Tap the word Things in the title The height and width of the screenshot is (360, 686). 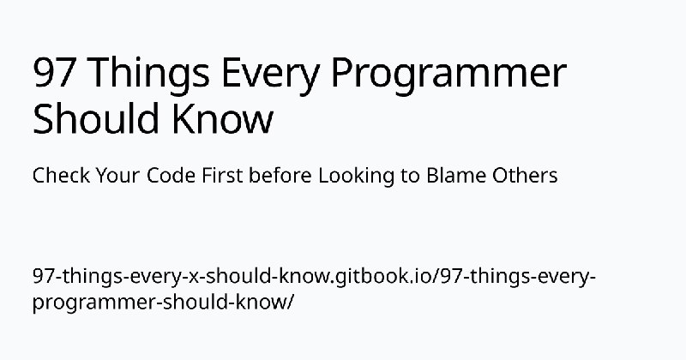coord(149,75)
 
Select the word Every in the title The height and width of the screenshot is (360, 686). coord(269,75)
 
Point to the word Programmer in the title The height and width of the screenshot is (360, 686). coord(448,75)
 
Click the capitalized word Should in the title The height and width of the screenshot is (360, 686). coord(95,117)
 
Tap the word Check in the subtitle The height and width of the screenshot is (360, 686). coord(61,176)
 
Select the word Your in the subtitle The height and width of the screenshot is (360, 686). coord(118,176)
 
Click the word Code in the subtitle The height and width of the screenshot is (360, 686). coord(171,176)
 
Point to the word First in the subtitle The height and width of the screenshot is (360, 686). coord(222,176)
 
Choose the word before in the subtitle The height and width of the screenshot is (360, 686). coord(280,176)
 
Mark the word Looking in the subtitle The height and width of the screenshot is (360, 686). coord(356,177)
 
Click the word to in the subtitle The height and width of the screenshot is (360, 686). coord(410,177)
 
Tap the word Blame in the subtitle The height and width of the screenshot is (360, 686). coord(456,176)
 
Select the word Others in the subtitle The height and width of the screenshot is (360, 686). coord(525,176)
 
